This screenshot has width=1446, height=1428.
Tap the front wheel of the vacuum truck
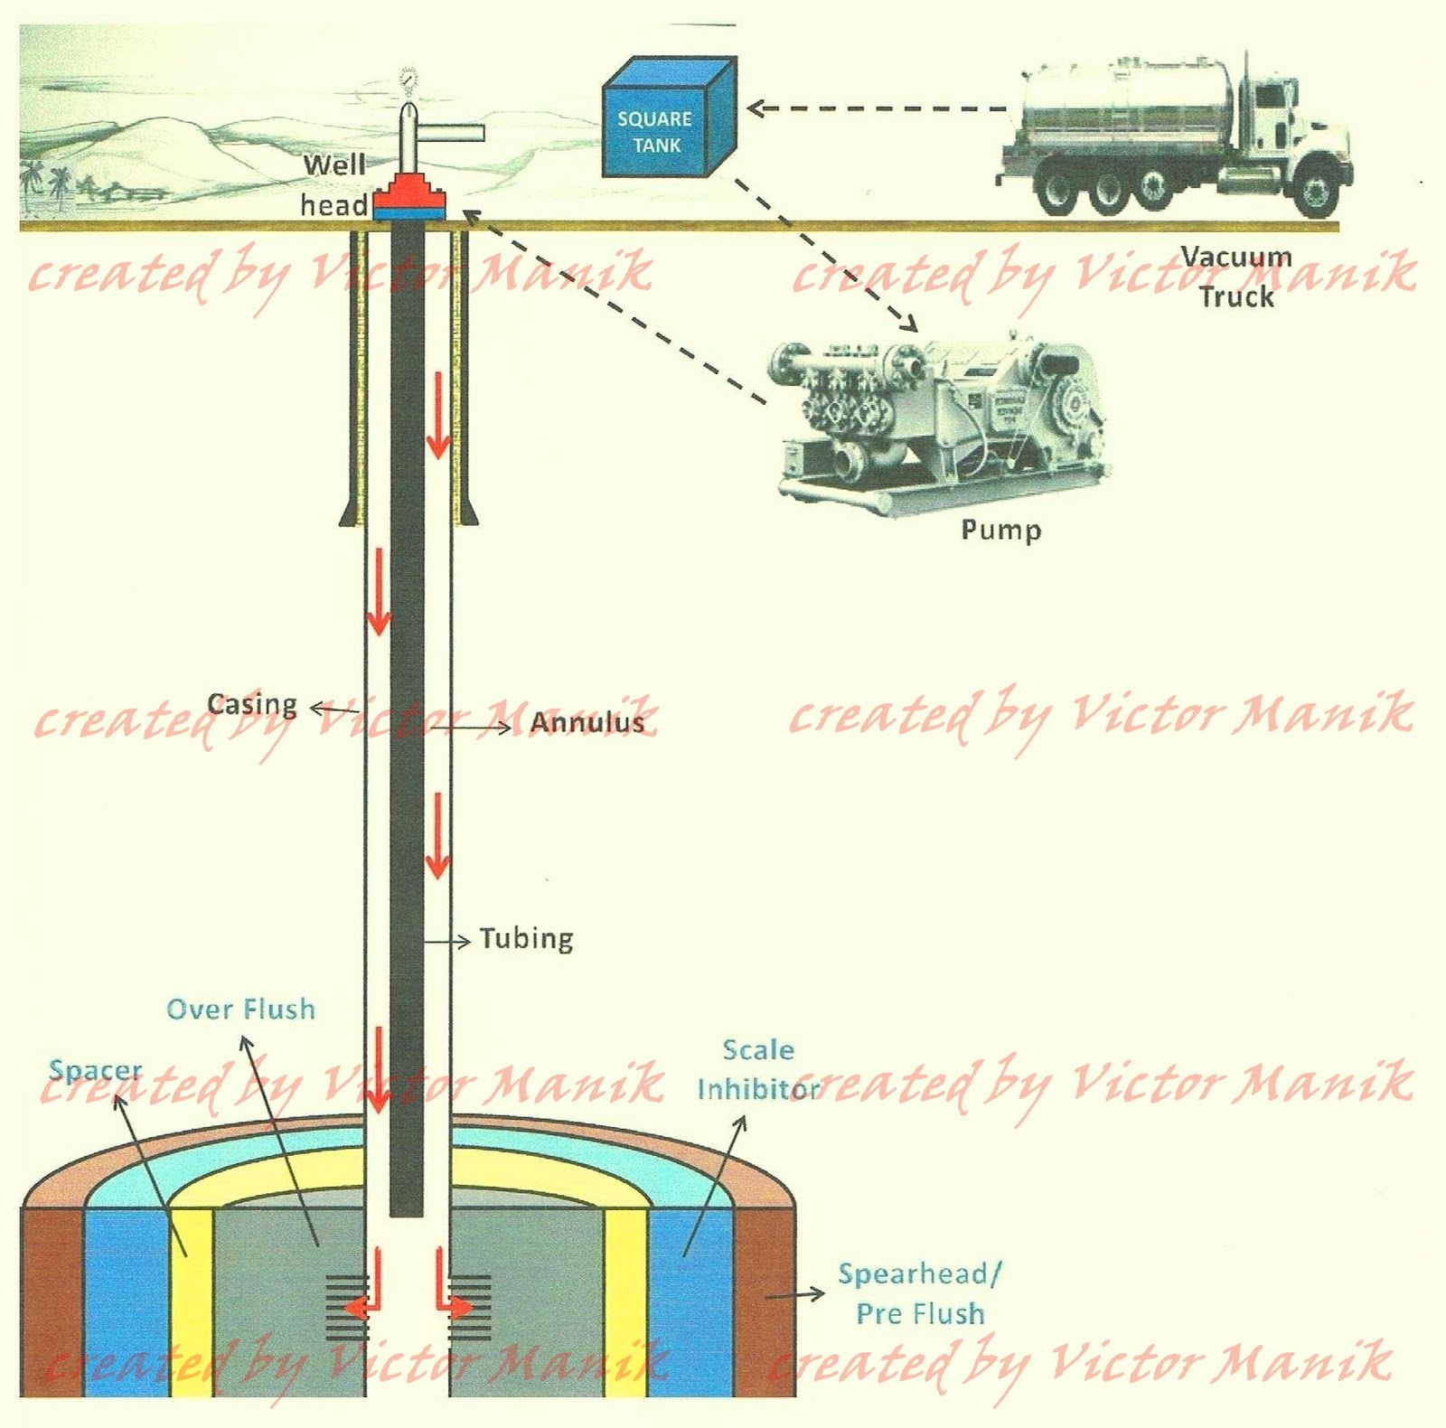tap(1316, 191)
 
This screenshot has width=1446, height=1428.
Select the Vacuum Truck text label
tap(1236, 277)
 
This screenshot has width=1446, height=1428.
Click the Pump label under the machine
tap(1000, 531)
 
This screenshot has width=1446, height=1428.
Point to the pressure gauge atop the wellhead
tap(409, 80)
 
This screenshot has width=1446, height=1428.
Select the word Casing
tap(252, 704)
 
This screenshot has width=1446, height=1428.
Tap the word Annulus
tap(587, 722)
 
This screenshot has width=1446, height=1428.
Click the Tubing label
tap(526, 939)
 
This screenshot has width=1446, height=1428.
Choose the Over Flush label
tap(241, 1009)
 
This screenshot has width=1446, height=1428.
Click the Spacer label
tap(95, 1070)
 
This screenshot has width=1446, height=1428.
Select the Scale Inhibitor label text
tap(757, 1069)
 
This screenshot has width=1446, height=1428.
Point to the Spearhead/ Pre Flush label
tap(920, 1293)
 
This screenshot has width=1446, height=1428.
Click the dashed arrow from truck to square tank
tap(877, 108)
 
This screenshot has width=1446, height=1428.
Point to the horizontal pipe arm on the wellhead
tap(452, 134)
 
